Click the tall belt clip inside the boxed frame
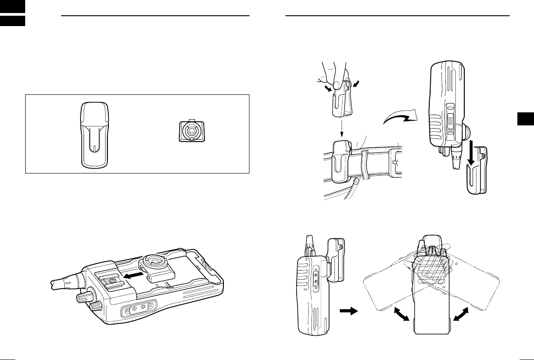point(94,134)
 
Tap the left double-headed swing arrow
point(402,313)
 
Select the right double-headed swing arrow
point(463,313)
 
